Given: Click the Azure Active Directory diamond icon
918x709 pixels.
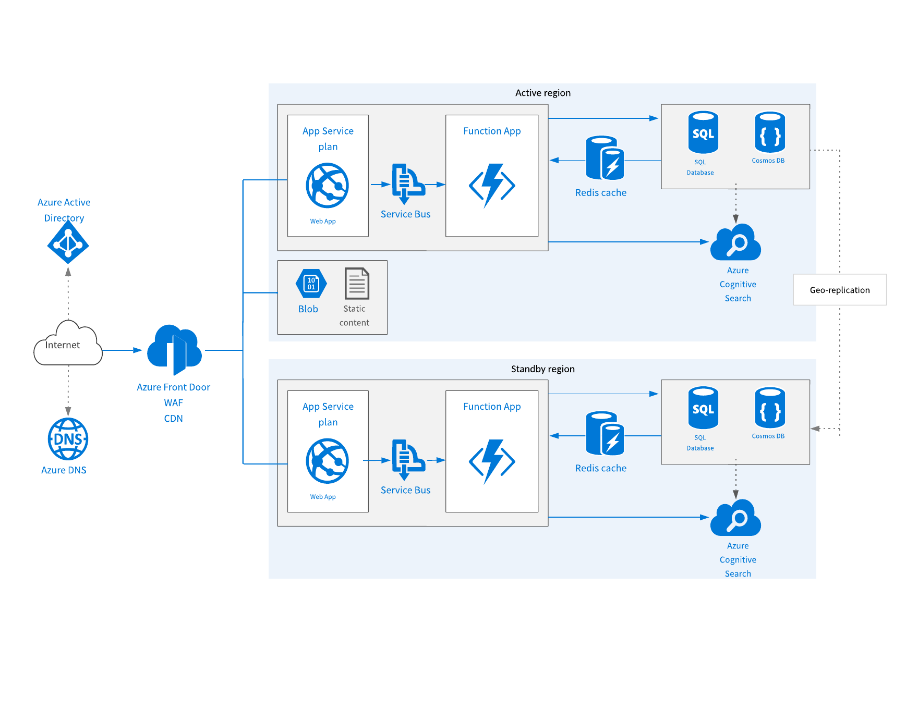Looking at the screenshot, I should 68,243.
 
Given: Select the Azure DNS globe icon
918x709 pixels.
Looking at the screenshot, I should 68,439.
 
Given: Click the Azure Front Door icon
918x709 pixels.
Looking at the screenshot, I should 174,349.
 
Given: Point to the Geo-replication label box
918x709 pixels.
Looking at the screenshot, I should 840,290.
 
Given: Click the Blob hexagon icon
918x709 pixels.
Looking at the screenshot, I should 311,284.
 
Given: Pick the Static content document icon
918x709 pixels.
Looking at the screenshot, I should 357,284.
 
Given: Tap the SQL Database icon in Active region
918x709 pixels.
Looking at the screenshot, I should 703,132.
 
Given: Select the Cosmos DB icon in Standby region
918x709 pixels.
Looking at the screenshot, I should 770,408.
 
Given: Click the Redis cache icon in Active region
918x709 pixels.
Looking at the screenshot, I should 605,158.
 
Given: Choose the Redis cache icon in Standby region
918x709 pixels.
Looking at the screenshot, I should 605,433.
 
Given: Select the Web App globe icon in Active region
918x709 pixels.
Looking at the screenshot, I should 328,186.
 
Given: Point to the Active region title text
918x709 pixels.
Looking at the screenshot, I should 543,93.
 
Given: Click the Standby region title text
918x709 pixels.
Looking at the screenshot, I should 543,369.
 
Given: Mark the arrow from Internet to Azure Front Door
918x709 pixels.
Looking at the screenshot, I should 123,350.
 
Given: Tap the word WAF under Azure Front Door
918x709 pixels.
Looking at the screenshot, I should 173,403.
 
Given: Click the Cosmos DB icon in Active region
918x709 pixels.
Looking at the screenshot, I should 770,132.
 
